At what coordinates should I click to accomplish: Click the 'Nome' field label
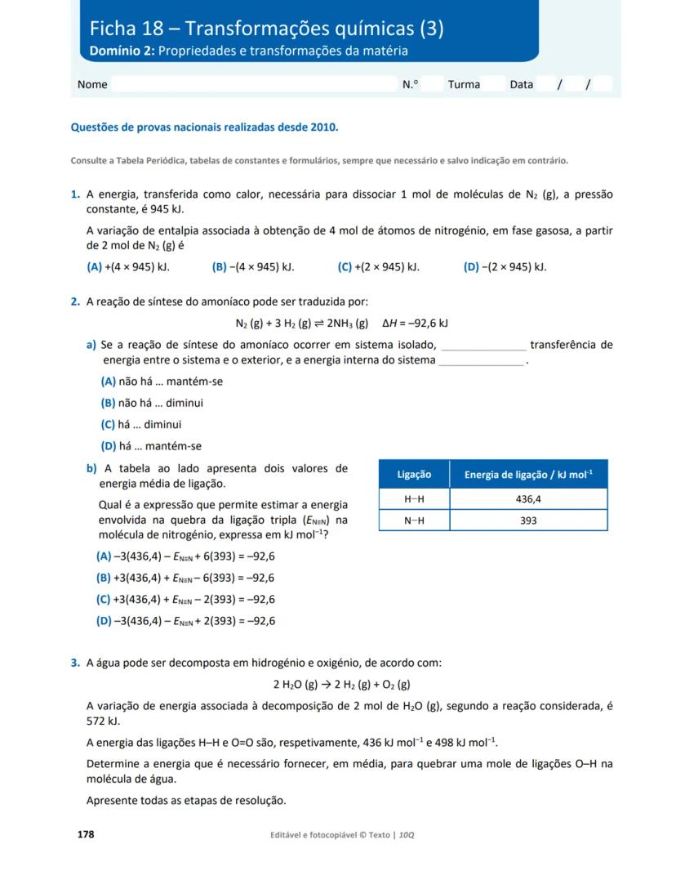coord(92,84)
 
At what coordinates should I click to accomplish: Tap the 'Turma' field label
coord(464,84)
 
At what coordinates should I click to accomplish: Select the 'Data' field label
coord(521,84)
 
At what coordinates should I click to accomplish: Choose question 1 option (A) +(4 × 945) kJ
coord(127,266)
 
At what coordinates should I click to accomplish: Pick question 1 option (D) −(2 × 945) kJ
coord(505,266)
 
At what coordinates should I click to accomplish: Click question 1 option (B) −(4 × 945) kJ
coord(253,266)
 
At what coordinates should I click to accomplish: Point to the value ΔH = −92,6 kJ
coord(416,323)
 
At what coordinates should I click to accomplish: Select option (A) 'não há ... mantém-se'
coord(162,382)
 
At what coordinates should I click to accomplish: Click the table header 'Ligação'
coord(414,474)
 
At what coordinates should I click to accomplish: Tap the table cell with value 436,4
coord(528,498)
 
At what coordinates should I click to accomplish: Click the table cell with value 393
coord(528,520)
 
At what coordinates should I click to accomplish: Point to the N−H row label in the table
coord(414,520)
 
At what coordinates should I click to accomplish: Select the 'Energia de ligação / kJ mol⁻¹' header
coord(528,474)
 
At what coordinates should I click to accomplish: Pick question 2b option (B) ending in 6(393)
coord(185,578)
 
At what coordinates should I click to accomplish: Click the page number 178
coord(86,834)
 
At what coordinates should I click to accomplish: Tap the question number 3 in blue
coord(75,663)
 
